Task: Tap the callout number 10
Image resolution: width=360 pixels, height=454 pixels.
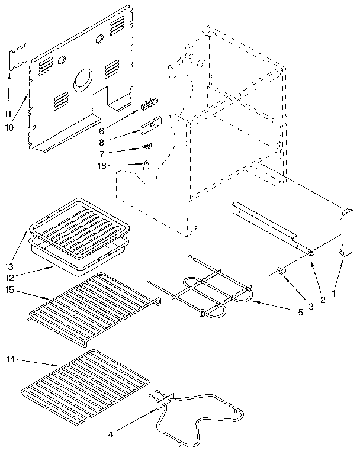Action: point(8,127)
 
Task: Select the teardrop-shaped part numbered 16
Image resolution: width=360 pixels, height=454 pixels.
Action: point(145,166)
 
